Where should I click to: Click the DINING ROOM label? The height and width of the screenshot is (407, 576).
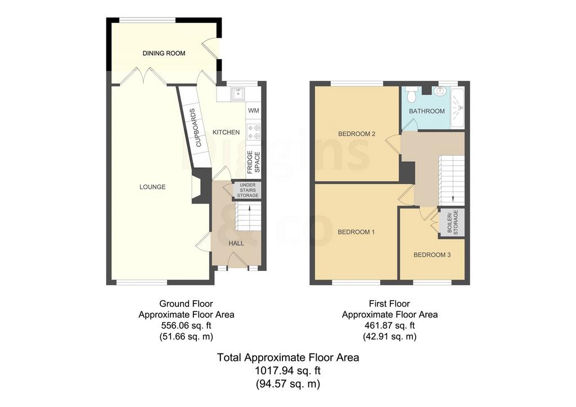click(164, 53)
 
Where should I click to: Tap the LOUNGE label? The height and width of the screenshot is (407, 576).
click(152, 187)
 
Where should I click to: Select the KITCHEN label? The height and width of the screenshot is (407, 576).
click(226, 132)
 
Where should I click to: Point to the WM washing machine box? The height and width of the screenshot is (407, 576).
click(254, 111)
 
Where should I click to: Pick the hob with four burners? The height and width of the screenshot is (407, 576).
click(254, 132)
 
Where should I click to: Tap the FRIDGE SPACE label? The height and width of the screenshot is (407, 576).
click(254, 162)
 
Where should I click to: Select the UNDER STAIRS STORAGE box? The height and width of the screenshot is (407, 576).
click(247, 191)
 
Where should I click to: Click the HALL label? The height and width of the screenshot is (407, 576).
click(236, 243)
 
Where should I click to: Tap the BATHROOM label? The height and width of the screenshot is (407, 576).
click(427, 111)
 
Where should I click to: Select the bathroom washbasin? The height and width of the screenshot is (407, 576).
click(439, 91)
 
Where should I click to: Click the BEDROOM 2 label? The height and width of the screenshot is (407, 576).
click(357, 134)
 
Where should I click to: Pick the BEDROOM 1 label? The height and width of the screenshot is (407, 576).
click(356, 232)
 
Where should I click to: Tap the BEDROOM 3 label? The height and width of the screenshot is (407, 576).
click(432, 255)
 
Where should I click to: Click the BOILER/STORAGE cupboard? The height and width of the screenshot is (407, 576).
click(453, 223)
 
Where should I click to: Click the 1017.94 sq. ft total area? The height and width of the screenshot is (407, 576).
click(288, 370)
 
